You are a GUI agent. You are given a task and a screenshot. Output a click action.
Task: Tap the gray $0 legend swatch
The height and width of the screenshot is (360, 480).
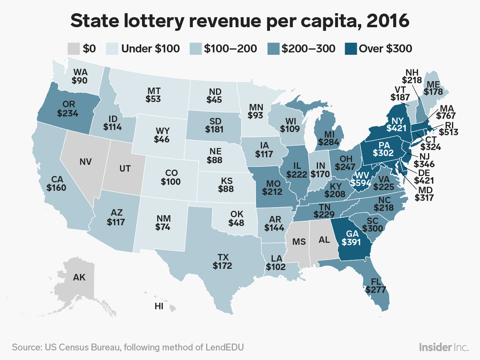[74, 48]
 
